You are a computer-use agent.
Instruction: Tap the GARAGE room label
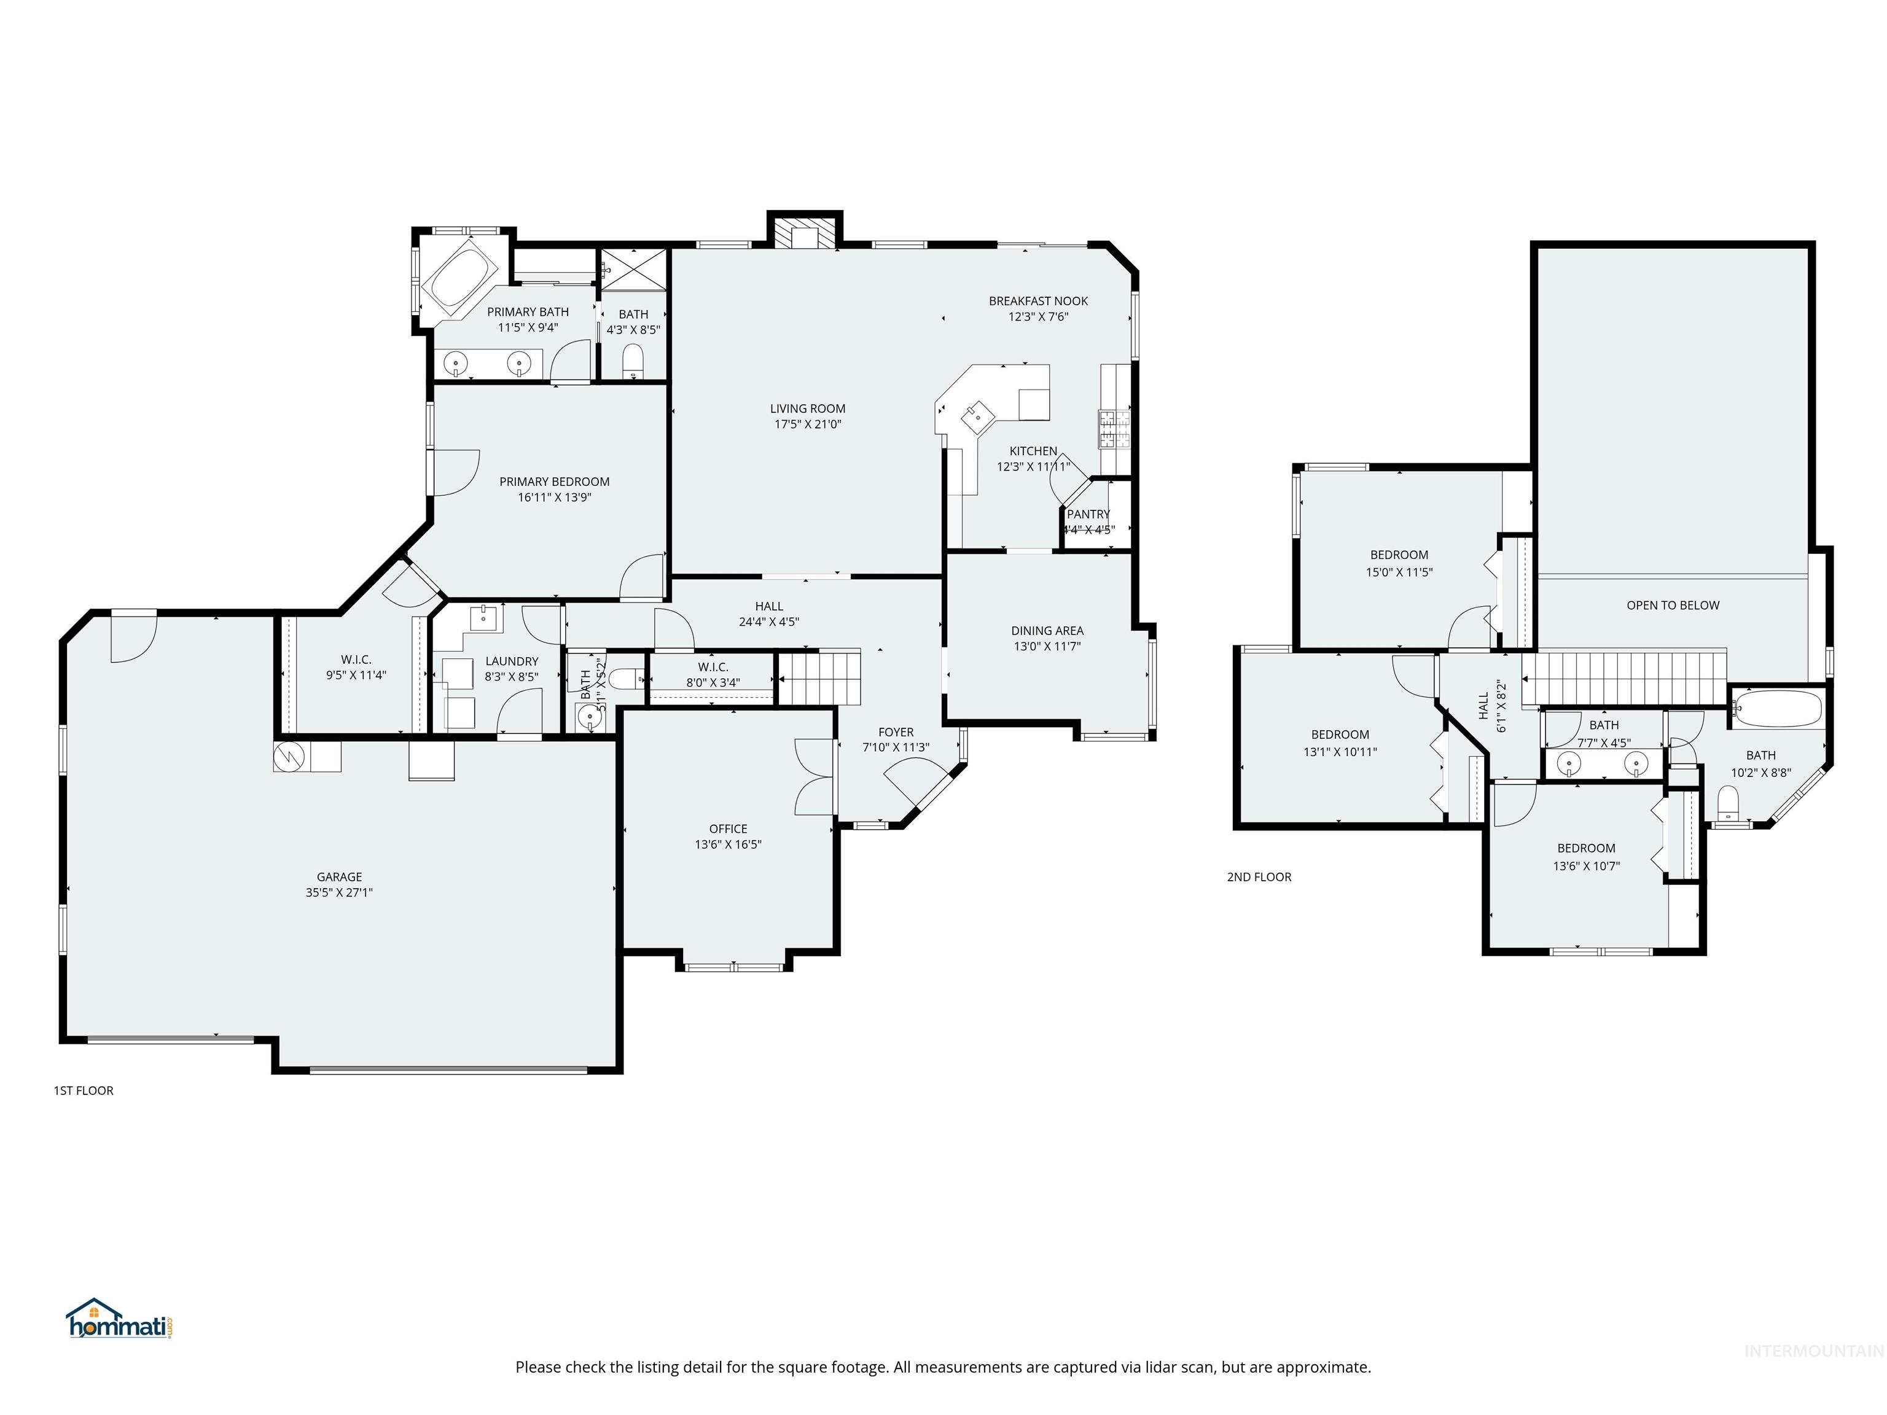(340, 877)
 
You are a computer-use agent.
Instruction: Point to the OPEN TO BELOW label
(1672, 606)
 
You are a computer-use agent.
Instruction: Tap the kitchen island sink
(978, 417)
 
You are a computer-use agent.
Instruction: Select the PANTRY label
(1088, 514)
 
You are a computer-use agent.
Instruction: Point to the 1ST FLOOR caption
(84, 1090)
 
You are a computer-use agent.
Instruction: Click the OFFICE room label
(728, 829)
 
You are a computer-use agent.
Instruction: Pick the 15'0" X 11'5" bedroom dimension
(1399, 572)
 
